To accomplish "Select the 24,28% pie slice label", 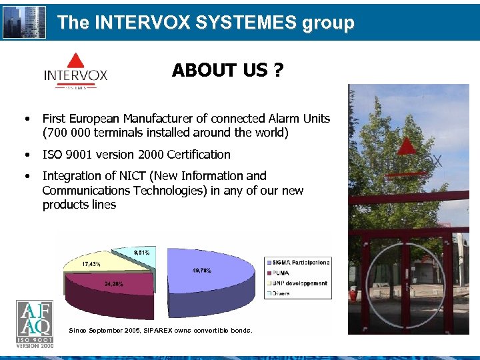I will [113, 284].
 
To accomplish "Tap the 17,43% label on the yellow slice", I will [93, 264].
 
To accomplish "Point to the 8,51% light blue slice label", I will [142, 252].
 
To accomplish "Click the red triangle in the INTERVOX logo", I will [75, 61].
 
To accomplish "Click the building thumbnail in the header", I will [25, 22].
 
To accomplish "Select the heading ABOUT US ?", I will [228, 70].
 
